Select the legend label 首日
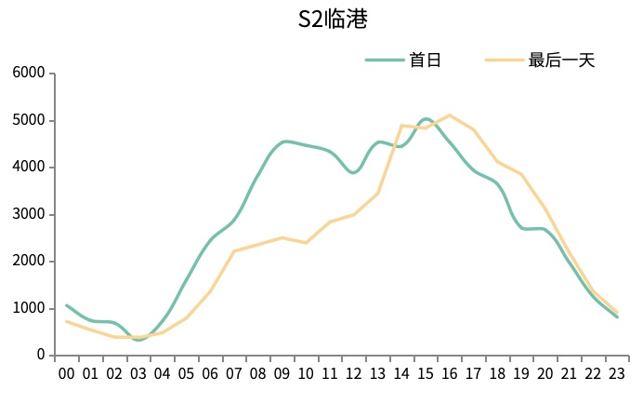pyautogui.click(x=425, y=61)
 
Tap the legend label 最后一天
pyautogui.click(x=561, y=61)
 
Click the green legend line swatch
pyautogui.click(x=383, y=61)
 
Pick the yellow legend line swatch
pyautogui.click(x=503, y=61)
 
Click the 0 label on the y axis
pyautogui.click(x=40, y=355)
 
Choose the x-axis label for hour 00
pyautogui.click(x=67, y=374)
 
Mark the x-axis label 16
pyautogui.click(x=450, y=374)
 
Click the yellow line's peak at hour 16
pyautogui.click(x=450, y=115)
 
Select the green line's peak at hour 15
pyautogui.click(x=426, y=119)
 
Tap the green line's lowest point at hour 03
pyautogui.click(x=139, y=340)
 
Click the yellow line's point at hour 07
pyautogui.click(x=234, y=251)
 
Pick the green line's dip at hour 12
pyautogui.click(x=353, y=172)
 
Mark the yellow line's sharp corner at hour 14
pyautogui.click(x=401, y=126)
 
